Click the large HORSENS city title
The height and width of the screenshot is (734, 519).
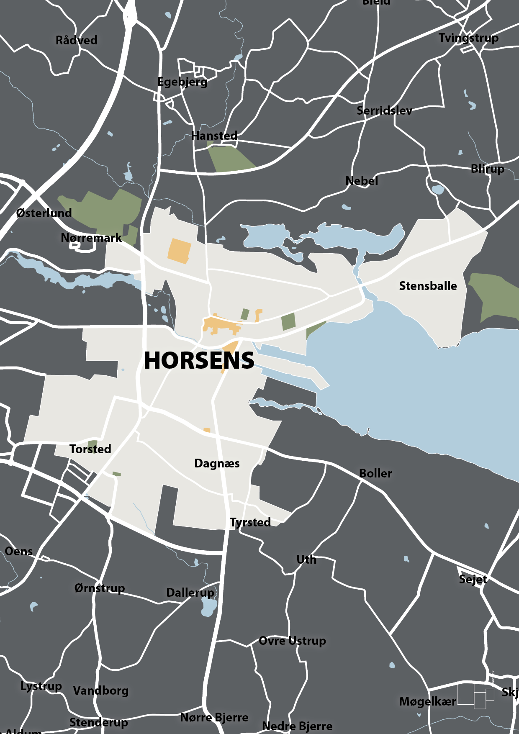pos(199,360)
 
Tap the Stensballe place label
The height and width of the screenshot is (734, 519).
pos(428,286)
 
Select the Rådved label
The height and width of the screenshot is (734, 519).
pos(76,40)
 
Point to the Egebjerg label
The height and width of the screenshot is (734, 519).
pos(182,82)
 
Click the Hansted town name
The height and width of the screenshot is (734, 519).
pos(214,136)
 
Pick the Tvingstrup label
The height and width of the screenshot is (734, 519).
pos(468,38)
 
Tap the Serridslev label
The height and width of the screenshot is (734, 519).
pos(384,110)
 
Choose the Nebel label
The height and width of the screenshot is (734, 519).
pos(362,181)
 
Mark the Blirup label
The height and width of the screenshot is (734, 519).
pos(487,169)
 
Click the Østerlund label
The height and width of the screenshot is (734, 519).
pos(44,213)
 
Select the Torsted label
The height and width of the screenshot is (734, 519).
pos(90,449)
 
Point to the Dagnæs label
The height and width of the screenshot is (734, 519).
pos(217,463)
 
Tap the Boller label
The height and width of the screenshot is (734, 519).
pos(375,473)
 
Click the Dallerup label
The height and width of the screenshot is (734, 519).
pos(190,593)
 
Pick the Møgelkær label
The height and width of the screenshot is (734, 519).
pos(427,701)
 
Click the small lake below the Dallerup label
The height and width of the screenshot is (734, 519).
pos(209,607)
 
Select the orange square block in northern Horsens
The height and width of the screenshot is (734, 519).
pos(179,251)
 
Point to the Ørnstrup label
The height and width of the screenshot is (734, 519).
pos(100,588)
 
